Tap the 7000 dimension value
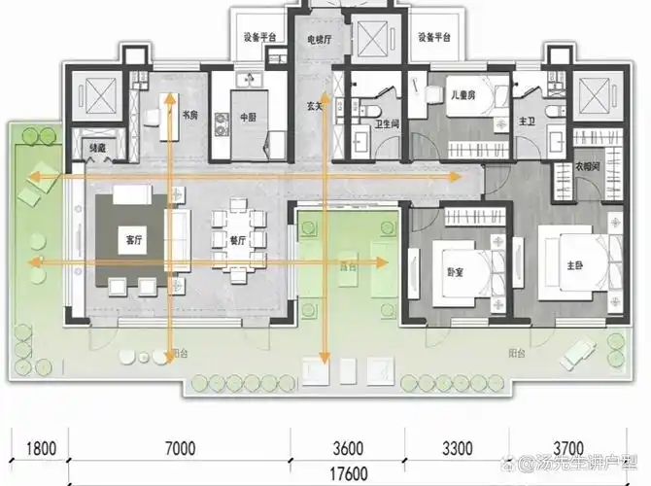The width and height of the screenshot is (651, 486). pos(181,448)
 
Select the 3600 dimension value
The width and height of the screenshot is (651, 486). pos(347,448)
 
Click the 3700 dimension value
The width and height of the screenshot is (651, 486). pos(567,448)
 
